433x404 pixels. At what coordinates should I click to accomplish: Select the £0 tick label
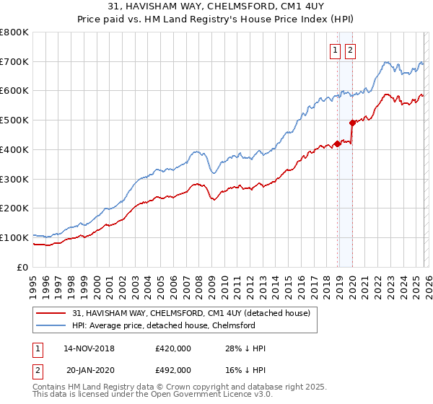pyautogui.click(x=24, y=267)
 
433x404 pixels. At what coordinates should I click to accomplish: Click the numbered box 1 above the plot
pyautogui.click(x=336, y=50)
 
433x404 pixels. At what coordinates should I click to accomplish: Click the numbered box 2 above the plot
pyautogui.click(x=350, y=50)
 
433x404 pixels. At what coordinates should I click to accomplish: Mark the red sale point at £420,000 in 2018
pyautogui.click(x=337, y=144)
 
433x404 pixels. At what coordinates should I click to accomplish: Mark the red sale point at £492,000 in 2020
pyautogui.click(x=352, y=123)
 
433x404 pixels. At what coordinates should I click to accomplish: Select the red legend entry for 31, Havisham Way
pyautogui.click(x=191, y=313)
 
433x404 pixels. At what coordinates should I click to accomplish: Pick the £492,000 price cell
pyautogui.click(x=173, y=369)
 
